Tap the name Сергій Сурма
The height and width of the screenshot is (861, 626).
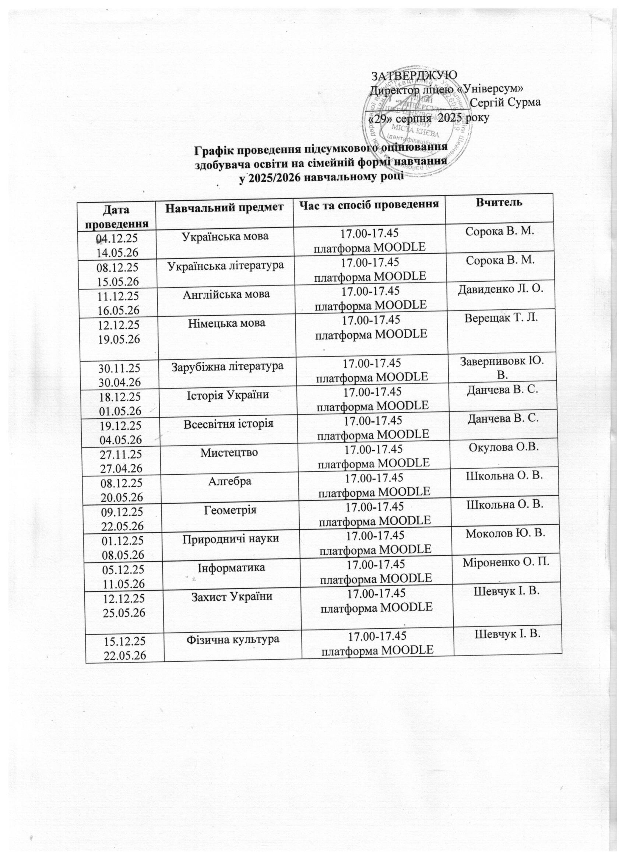tap(506, 103)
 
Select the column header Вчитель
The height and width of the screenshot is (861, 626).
tap(499, 203)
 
